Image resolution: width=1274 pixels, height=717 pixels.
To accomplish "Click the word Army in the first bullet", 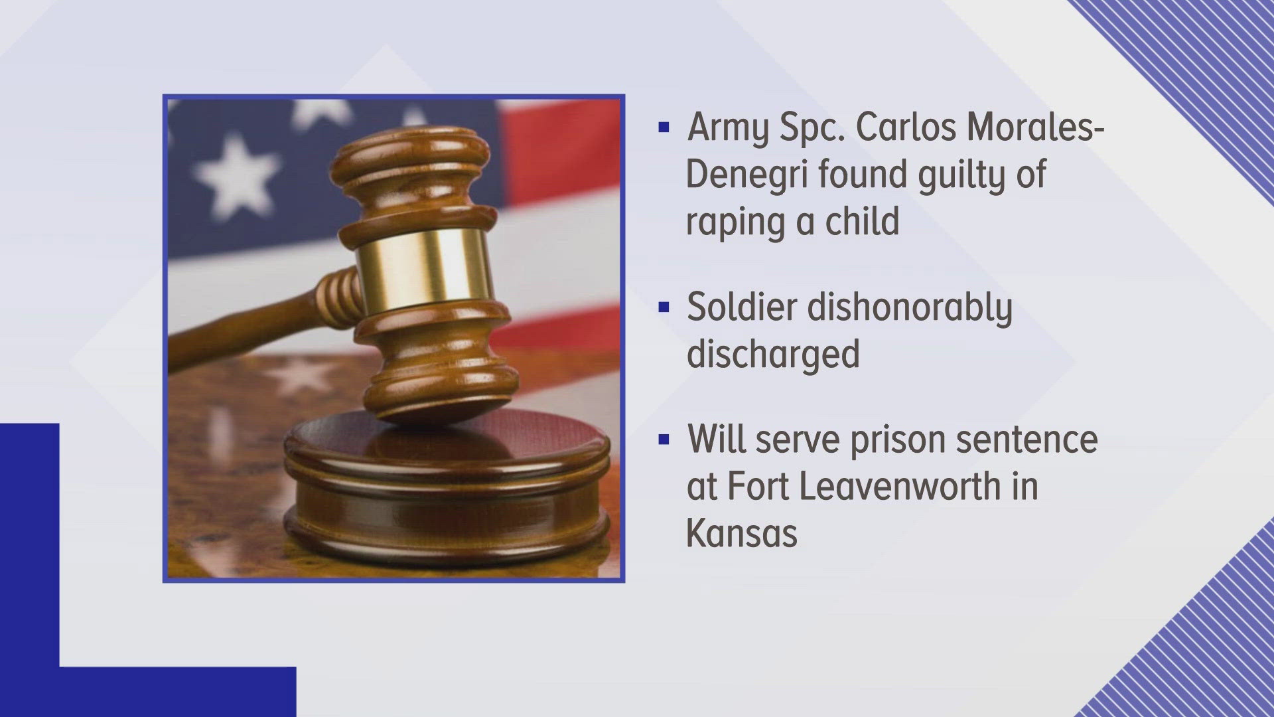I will coord(727,127).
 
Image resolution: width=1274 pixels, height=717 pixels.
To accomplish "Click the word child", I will coord(862,220).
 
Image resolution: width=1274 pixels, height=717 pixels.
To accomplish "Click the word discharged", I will coord(773,355).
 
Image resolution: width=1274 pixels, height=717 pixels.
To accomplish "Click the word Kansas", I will coord(741,532).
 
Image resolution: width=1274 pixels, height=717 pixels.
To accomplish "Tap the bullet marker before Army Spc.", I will coord(664,127).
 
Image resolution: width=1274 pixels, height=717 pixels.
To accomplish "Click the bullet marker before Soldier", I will coord(664,307).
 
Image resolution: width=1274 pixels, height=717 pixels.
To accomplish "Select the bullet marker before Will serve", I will coord(664,440).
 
